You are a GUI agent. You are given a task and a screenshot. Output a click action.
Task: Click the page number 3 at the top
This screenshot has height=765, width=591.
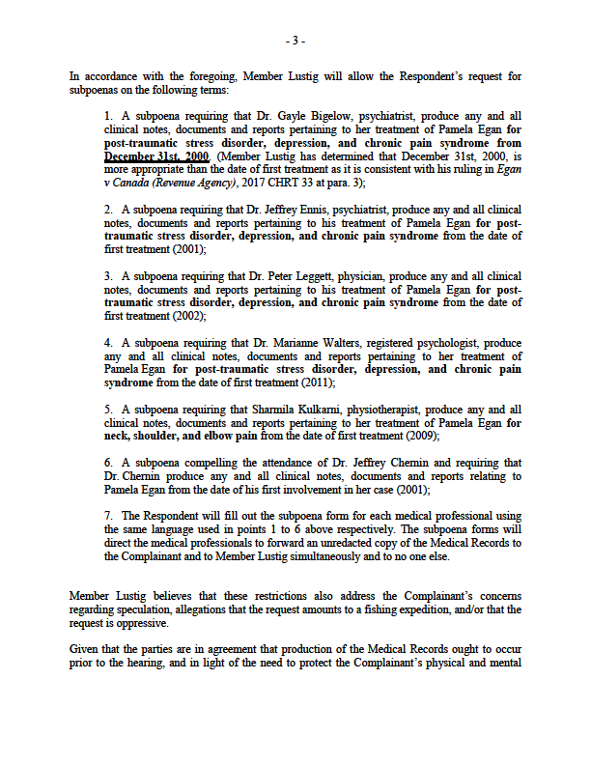coord(295,41)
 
